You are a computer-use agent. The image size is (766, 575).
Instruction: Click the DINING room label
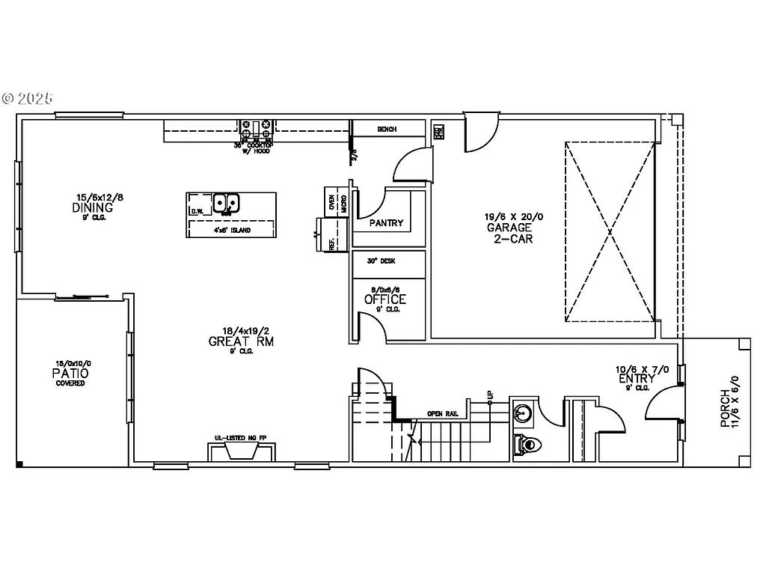pos(93,207)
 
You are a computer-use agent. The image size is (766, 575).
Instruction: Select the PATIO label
pos(70,373)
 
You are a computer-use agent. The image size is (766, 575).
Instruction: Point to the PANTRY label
pos(386,223)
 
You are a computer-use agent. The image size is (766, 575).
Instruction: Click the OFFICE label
pos(385,299)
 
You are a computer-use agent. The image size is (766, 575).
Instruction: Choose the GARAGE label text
pos(509,228)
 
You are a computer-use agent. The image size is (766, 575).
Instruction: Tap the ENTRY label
pos(637,379)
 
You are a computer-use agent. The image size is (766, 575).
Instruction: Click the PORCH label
pos(725,408)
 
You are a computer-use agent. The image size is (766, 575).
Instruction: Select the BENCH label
pos(387,130)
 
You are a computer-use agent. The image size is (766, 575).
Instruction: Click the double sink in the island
pos(226,203)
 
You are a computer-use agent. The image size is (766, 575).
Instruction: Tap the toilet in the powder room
pos(527,444)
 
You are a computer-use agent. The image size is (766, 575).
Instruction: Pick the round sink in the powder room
pos(524,412)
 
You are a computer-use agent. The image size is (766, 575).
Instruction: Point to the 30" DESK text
pos(381,261)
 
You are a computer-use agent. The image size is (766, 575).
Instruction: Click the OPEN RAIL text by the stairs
pos(442,413)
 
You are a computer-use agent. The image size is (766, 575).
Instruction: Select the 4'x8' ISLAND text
pos(231,231)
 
